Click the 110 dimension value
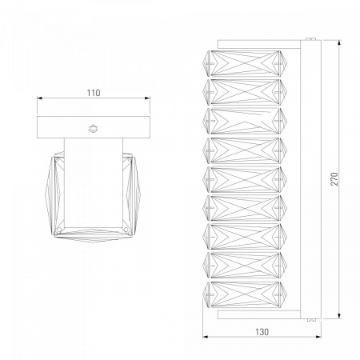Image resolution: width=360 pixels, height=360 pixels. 94,93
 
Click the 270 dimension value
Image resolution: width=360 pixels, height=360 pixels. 334,179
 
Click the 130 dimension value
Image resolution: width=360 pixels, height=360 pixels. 262,332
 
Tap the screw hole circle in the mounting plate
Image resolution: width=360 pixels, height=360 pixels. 93,129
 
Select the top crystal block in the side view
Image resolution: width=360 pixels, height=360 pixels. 245,64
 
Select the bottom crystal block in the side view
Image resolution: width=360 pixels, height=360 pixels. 245,294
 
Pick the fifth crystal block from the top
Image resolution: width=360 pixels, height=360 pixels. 245,179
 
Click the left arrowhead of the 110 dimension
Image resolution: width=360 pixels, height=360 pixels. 40,98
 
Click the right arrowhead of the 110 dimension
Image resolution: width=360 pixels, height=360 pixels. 147,98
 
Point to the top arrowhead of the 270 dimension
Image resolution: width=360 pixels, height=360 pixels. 339,43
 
